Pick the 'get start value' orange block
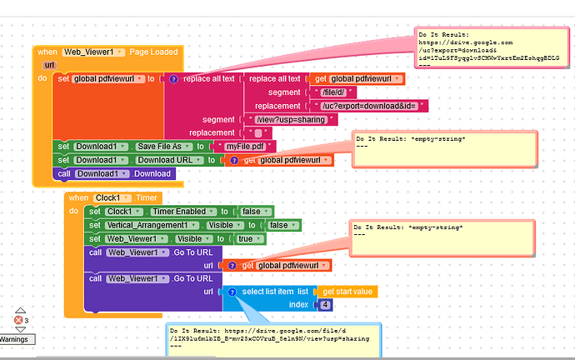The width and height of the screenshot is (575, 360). tap(348, 292)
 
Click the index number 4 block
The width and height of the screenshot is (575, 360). tap(325, 305)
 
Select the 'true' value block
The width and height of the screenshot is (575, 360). tap(247, 239)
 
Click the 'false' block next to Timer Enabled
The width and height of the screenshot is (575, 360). tap(250, 212)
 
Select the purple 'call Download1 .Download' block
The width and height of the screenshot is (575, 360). tap(116, 173)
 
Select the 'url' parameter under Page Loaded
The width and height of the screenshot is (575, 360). tap(49, 65)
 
